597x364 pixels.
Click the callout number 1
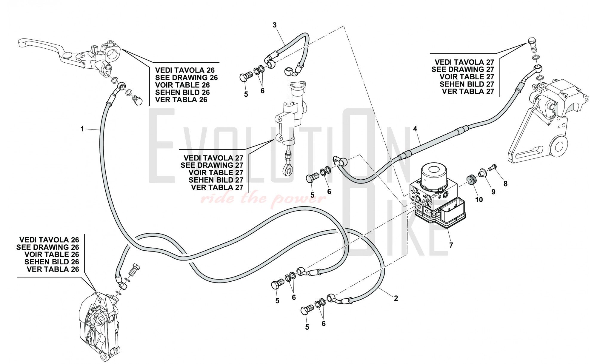pos(82,129)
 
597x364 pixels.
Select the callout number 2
pos(396,298)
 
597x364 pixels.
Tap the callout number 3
pos(275,25)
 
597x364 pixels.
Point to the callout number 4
pos(415,129)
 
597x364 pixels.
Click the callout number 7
pos(451,245)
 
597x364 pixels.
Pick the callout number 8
pos(505,184)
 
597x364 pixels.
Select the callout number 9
pos(493,192)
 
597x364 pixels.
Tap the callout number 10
pos(479,200)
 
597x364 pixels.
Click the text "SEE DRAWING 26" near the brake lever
pos(187,78)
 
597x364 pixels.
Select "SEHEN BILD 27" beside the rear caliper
pos(467,84)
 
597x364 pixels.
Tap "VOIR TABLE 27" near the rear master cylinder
pos(216,172)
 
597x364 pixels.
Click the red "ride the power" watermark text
pos(263,198)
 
